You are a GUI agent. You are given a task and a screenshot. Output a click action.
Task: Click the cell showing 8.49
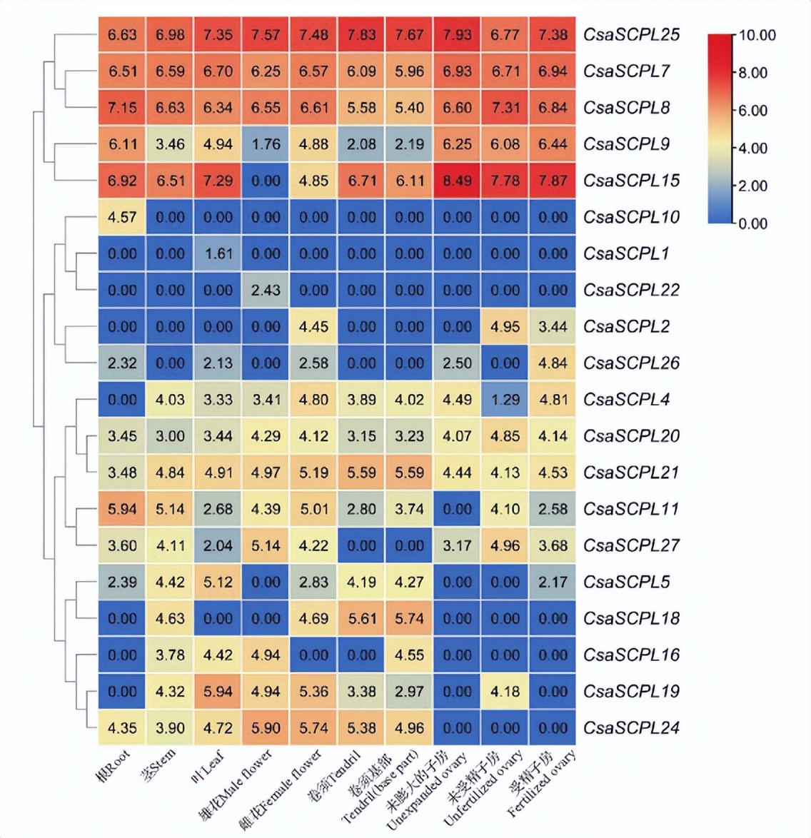[457, 181]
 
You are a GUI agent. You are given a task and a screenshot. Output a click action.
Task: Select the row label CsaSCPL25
[631, 35]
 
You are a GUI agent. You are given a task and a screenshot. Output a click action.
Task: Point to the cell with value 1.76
[266, 144]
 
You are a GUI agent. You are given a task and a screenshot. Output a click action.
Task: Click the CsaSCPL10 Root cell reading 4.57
[122, 217]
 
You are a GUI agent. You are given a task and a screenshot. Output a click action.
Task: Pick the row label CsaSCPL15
[631, 181]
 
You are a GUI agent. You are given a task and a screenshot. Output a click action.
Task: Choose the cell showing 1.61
[218, 253]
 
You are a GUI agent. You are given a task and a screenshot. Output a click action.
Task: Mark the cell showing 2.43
[266, 290]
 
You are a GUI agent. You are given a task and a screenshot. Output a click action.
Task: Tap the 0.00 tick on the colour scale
[752, 223]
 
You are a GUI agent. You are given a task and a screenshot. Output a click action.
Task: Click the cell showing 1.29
[505, 400]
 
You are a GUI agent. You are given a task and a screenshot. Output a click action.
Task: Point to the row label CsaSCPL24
[631, 728]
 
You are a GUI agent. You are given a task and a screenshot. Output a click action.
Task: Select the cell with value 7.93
[457, 35]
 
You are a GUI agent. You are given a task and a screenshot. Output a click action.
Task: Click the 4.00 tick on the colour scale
[752, 148]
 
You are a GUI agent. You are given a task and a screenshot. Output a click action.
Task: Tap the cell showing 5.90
[266, 728]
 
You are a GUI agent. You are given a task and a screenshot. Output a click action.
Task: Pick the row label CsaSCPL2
[626, 327]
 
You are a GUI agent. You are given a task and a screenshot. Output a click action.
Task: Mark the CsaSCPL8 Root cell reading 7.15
[122, 108]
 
